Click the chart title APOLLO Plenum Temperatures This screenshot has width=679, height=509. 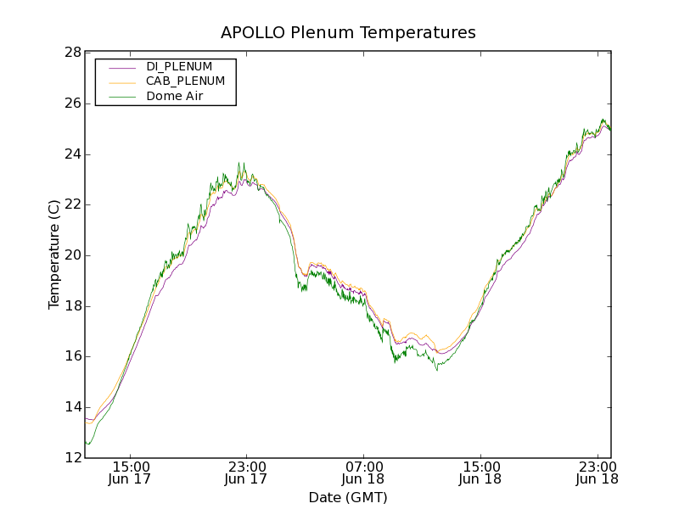pyautogui.click(x=348, y=32)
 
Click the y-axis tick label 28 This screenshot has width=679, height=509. pyautogui.click(x=72, y=53)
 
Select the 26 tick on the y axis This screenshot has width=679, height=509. pyautogui.click(x=72, y=103)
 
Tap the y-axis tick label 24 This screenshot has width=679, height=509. pyautogui.click(x=72, y=154)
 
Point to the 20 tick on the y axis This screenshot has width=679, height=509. pyautogui.click(x=72, y=255)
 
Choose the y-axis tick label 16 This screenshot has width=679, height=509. pyautogui.click(x=72, y=356)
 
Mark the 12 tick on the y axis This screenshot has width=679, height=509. pyautogui.click(x=72, y=458)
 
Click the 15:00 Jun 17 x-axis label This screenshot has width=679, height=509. pyautogui.click(x=131, y=473)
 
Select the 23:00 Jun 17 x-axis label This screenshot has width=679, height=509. pyautogui.click(x=247, y=473)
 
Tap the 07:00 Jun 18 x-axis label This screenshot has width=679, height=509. pyautogui.click(x=364, y=473)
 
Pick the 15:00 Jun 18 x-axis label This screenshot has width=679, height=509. pyautogui.click(x=480, y=473)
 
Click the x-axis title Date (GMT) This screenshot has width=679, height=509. pyautogui.click(x=348, y=497)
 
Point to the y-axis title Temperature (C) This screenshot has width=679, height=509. pyautogui.click(x=54, y=255)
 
